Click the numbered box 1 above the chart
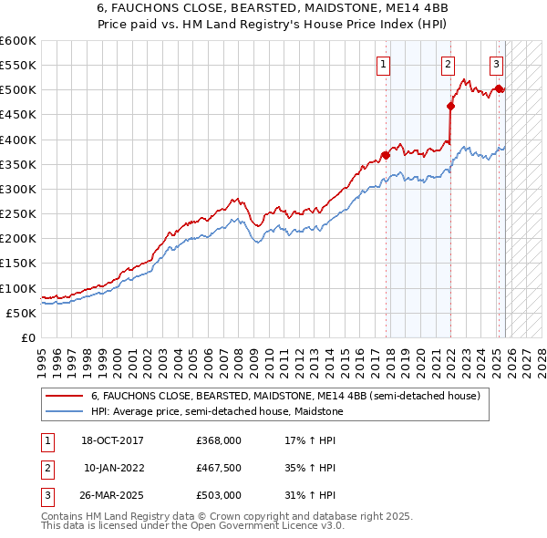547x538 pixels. tap(384, 64)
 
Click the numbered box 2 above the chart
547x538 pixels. tap(449, 64)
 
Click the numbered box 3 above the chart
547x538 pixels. tap(496, 64)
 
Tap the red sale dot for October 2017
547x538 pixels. tap(386, 155)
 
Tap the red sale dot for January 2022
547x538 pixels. tap(450, 106)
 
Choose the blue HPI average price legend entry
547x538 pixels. tap(217, 412)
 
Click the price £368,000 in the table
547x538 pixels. tap(219, 440)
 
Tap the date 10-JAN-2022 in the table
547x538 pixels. tap(114, 468)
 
